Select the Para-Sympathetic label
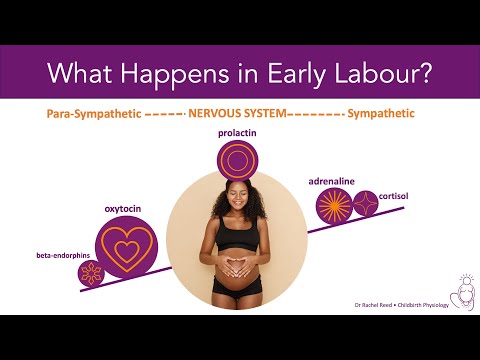pyautogui.click(x=91, y=115)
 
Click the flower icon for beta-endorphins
pyautogui.click(x=91, y=273)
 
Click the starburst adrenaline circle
pyautogui.click(x=333, y=208)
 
